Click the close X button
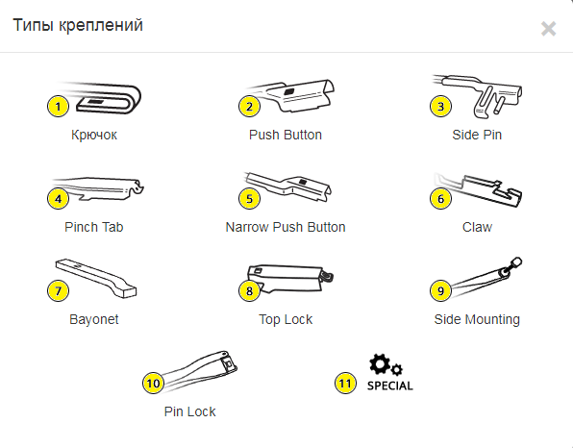click(x=549, y=29)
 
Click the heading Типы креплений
click(x=78, y=26)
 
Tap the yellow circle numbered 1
click(x=58, y=107)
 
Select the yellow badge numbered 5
click(x=249, y=199)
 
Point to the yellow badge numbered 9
click(x=440, y=291)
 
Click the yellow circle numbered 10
click(x=153, y=384)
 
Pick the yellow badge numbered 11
click(x=345, y=384)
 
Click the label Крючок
click(x=94, y=136)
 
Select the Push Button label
click(x=286, y=135)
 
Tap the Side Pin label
click(x=477, y=135)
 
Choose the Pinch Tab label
click(x=94, y=227)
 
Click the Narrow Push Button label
click(x=286, y=227)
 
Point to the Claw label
click(x=477, y=227)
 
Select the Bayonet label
click(x=94, y=320)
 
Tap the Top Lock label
click(x=286, y=319)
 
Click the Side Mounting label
click(x=477, y=320)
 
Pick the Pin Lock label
click(x=189, y=411)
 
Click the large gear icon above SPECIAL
click(x=380, y=364)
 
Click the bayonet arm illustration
click(x=96, y=278)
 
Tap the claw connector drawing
click(x=478, y=190)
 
